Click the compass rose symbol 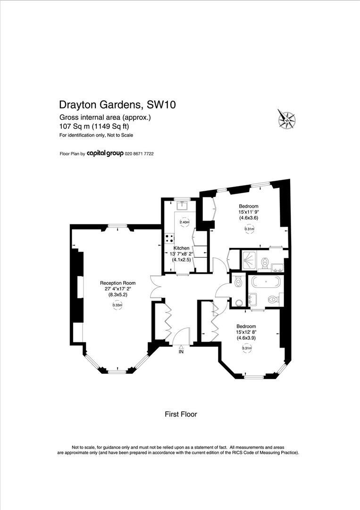coord(286,118)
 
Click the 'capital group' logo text coord(105,153)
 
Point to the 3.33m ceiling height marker coord(117,305)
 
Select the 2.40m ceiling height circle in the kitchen coord(184,222)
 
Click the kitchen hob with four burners coord(169,239)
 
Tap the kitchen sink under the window coord(182,205)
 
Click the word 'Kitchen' coord(181,248)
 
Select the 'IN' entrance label coord(181,352)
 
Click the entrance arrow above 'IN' coord(181,347)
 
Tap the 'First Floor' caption coord(180,414)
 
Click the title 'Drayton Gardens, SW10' coord(117,104)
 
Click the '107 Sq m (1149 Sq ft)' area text coord(94,126)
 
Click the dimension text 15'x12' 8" coord(246,332)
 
